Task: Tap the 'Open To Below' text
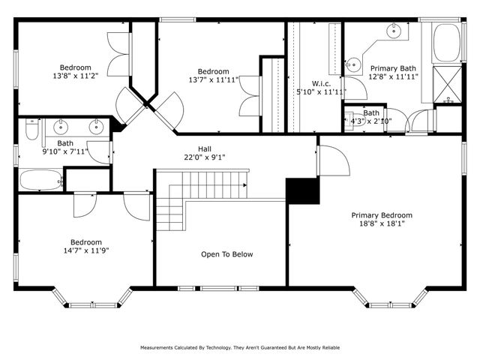click(226, 254)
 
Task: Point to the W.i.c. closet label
click(322, 83)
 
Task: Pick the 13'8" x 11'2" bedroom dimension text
click(76, 76)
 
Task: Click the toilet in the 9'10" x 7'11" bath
click(30, 133)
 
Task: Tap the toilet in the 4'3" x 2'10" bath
click(351, 119)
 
